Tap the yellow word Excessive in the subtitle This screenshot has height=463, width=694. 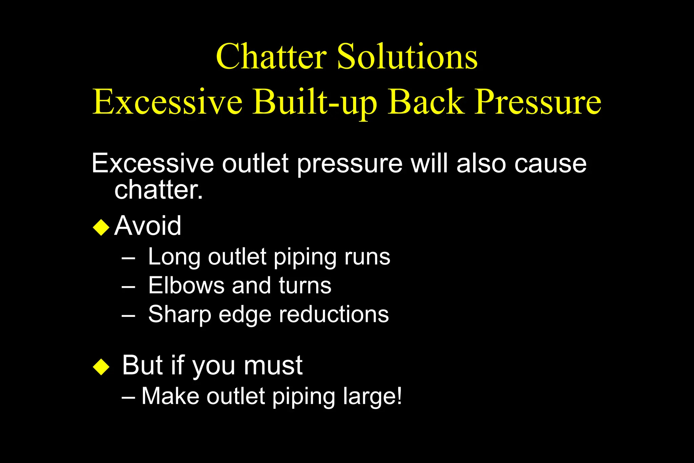click(167, 102)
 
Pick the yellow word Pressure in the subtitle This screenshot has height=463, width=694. click(538, 102)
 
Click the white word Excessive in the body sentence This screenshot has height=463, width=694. click(153, 163)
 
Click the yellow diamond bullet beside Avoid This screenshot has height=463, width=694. click(101, 227)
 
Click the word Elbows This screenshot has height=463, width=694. click(186, 285)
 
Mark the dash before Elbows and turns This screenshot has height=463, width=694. click(128, 286)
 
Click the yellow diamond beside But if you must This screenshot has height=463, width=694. click(101, 367)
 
